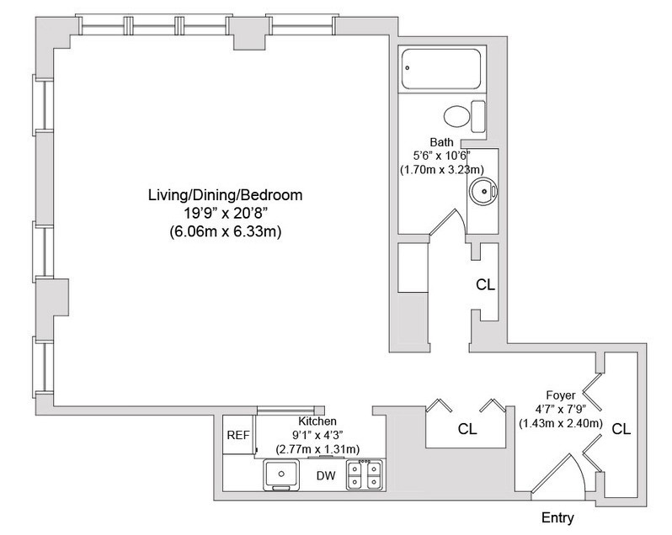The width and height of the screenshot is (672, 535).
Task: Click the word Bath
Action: pos(441,142)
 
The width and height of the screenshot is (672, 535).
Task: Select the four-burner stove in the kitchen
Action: pos(367,475)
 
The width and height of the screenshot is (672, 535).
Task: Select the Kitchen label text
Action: pos(317,421)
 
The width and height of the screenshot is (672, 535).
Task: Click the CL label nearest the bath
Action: pos(485,284)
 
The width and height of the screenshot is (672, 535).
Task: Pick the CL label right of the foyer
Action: pos(621,428)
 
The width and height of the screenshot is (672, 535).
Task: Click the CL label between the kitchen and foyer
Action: pos(467,428)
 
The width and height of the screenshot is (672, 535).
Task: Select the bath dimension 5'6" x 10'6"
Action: pos(441,156)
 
